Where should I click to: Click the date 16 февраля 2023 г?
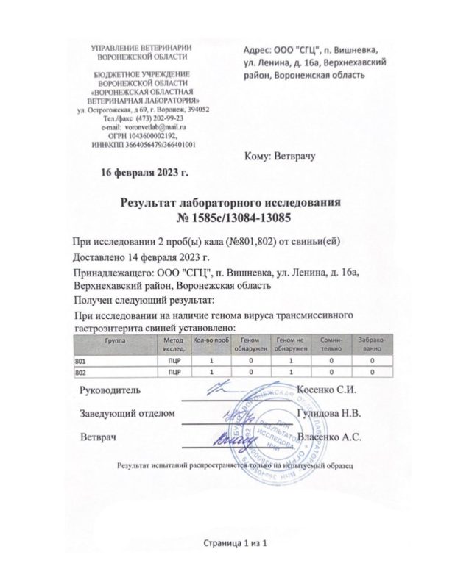click(x=144, y=173)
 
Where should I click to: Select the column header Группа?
click(x=114, y=341)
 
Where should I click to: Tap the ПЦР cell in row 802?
click(x=174, y=373)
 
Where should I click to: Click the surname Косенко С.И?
click(x=325, y=389)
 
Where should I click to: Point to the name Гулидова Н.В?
click(x=328, y=412)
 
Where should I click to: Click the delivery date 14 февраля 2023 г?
click(x=173, y=258)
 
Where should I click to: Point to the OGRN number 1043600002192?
click(x=152, y=136)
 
